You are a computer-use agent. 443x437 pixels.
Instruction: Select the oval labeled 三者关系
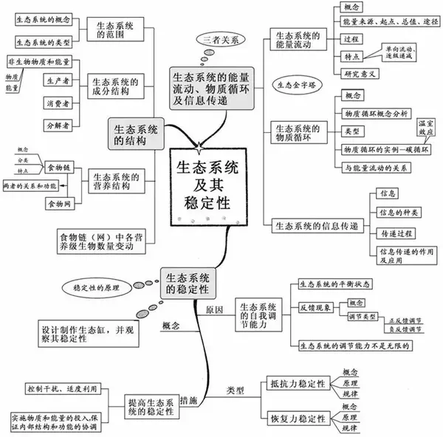pos(220,39)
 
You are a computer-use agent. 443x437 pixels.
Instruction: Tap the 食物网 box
pos(59,202)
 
